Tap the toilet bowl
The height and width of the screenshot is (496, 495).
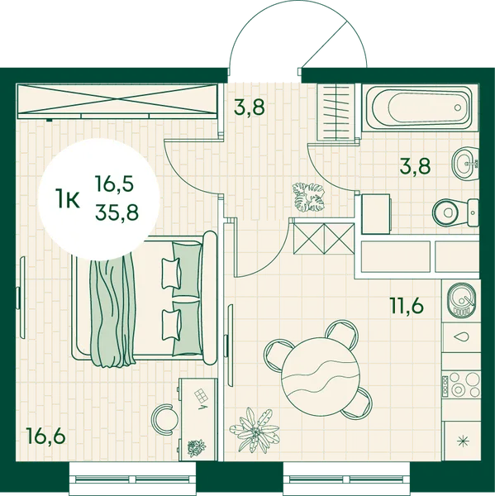[x=455, y=212]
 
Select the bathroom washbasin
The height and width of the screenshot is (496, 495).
[x=466, y=164]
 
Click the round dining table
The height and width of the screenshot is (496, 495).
[x=320, y=376]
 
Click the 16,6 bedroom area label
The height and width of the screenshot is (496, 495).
[x=46, y=436]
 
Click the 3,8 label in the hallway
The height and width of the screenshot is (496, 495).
[x=249, y=107]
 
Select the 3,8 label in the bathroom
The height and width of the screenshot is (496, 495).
[x=415, y=166]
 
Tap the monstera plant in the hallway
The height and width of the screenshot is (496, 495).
[x=308, y=198]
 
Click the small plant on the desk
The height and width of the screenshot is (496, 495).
[x=197, y=447]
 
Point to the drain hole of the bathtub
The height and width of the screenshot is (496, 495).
[x=458, y=107]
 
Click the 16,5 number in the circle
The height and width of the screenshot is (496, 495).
[x=115, y=184]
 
